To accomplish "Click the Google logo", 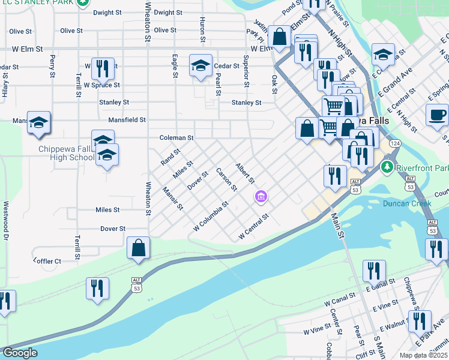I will click(19, 353).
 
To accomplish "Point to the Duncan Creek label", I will click(407, 203).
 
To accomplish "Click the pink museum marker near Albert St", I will click(261, 196).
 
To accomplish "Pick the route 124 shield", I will click(394, 144).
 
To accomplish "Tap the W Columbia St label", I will click(211, 217).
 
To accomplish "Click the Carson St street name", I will click(226, 180).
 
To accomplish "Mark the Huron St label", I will click(202, 29).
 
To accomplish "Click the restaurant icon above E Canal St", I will click(373, 271).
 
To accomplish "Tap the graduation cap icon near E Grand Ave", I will click(382, 55).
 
